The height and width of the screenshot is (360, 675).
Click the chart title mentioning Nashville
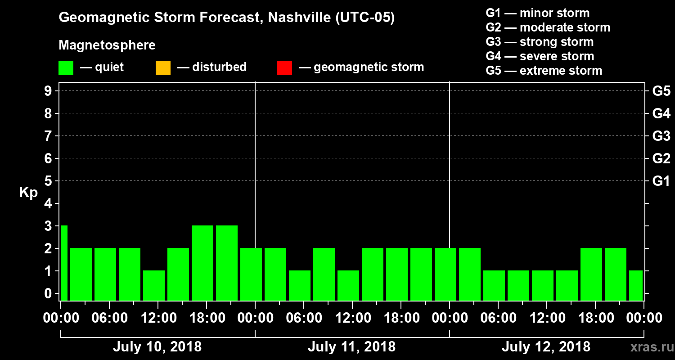pos(226,18)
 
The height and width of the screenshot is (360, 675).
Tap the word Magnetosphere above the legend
pos(107,45)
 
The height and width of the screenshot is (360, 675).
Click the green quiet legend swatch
pos(66,68)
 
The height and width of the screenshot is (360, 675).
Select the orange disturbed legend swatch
pos(163,68)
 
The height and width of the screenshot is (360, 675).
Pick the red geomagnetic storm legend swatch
pos(284,68)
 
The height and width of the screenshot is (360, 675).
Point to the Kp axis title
pos(28,193)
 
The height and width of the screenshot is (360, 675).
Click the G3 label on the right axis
pos(661,136)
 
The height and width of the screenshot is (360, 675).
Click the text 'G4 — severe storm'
pos(540,56)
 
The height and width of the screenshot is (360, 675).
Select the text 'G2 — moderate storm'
pos(548,27)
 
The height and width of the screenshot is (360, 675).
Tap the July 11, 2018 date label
pos(351,347)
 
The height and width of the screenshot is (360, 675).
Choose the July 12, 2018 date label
pos(546,347)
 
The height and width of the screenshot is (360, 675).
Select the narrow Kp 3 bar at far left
pos(64,263)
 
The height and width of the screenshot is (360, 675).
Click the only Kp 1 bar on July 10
pos(154,286)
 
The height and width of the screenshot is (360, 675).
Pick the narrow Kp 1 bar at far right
pos(636,286)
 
